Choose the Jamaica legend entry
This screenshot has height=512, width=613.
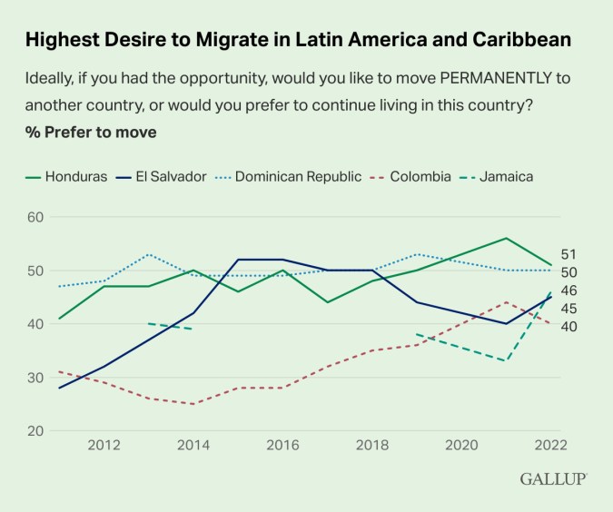504,176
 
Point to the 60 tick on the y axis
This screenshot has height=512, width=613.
36,217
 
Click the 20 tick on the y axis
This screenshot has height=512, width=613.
36,430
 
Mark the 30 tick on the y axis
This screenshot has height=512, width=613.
36,377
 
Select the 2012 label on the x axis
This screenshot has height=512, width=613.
105,445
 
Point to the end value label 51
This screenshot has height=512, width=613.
569,254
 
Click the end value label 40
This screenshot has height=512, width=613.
569,327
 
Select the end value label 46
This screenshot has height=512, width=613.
569,290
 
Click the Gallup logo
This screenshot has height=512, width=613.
553,478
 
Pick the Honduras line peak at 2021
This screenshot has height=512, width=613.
506,238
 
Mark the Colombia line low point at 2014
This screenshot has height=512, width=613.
193,404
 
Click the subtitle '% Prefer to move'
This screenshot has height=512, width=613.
91,133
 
